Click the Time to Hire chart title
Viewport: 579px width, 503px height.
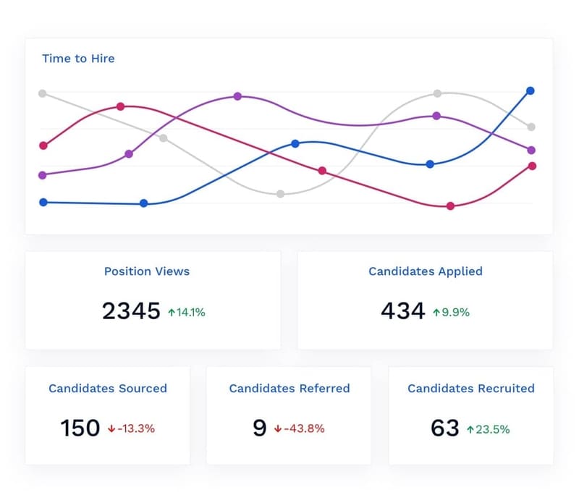point(78,59)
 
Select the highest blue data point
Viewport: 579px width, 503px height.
point(531,90)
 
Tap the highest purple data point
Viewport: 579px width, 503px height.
point(237,96)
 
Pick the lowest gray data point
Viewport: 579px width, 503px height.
point(281,193)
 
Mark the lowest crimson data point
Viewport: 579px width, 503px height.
point(450,206)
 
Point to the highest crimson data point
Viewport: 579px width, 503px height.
point(120,106)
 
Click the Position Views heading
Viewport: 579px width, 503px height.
point(147,271)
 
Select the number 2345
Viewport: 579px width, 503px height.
point(131,311)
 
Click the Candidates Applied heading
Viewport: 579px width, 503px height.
point(426,271)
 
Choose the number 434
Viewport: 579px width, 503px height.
point(403,311)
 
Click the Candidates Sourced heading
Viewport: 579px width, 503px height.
point(108,389)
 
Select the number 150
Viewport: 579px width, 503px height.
point(80,428)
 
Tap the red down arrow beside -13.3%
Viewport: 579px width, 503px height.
point(111,428)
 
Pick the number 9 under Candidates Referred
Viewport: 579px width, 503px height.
point(260,428)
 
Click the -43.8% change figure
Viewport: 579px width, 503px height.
point(304,428)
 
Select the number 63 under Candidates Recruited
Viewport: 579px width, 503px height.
point(445,428)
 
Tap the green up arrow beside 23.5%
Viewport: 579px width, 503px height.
point(470,429)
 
